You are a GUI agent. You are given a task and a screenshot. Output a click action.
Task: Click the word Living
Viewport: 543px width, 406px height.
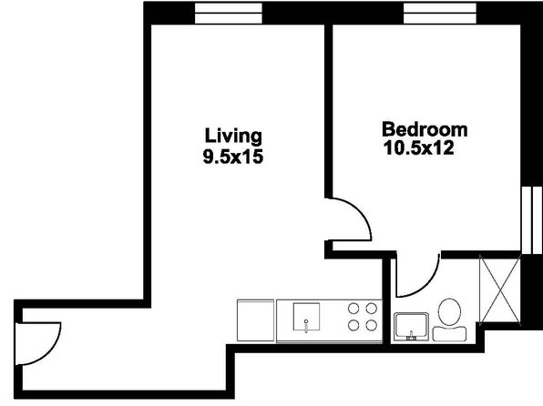click(x=233, y=136)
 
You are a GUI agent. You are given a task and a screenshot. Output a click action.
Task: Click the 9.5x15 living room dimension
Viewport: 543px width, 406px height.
click(x=233, y=157)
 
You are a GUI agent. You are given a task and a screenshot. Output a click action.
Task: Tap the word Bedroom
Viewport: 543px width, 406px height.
click(x=425, y=129)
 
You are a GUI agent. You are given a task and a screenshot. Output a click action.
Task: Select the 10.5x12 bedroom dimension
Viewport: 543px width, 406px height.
click(x=419, y=148)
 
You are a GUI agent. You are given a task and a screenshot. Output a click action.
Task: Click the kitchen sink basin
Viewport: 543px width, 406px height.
click(x=306, y=317)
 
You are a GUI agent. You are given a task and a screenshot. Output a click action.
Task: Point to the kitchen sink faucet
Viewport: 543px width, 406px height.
click(x=306, y=325)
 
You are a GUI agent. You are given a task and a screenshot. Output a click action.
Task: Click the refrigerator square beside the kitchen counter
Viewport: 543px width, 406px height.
click(x=256, y=320)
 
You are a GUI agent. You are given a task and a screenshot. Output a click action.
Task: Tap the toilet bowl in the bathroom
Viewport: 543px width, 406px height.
click(x=449, y=312)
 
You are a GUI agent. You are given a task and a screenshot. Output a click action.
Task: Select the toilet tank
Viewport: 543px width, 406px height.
click(x=449, y=333)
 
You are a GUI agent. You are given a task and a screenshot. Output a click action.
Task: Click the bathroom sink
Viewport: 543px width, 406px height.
click(x=412, y=327)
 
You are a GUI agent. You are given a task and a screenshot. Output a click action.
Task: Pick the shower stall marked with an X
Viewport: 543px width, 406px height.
click(x=499, y=289)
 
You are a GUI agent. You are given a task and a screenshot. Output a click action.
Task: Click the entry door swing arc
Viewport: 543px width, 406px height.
click(x=52, y=350)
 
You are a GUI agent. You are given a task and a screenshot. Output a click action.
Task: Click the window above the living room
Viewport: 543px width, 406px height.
click(x=229, y=13)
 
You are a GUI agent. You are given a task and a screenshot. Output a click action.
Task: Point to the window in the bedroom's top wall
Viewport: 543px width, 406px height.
click(x=440, y=13)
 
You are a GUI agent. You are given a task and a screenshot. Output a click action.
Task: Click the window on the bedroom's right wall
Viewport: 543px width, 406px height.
click(x=531, y=220)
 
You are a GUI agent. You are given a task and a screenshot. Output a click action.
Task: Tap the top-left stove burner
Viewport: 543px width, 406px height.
click(x=353, y=308)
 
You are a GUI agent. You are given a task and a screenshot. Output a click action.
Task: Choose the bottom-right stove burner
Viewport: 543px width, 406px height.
click(x=371, y=325)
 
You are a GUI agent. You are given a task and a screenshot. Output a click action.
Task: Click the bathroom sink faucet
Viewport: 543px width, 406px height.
click(x=412, y=336)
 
